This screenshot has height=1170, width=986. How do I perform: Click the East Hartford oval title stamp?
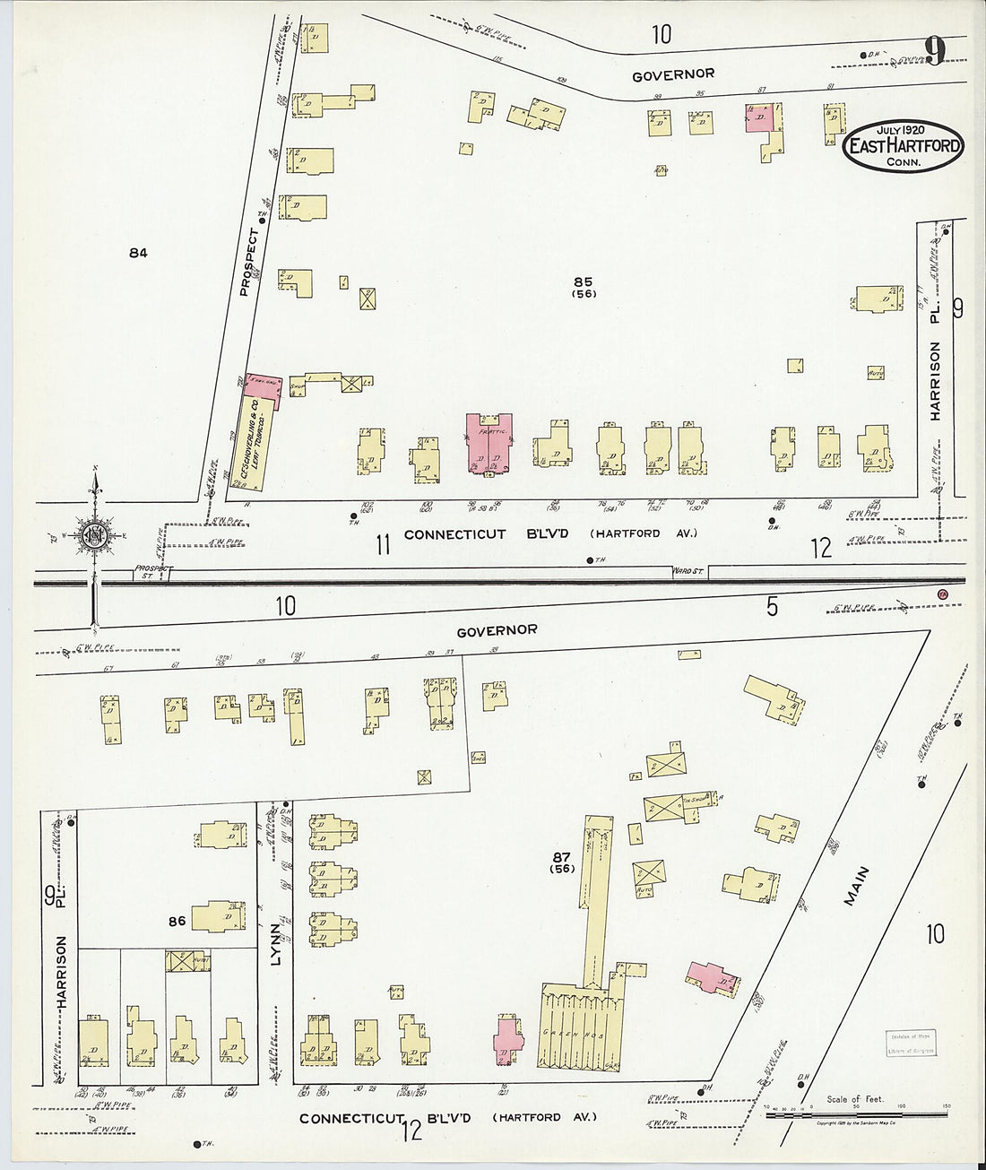click(903, 146)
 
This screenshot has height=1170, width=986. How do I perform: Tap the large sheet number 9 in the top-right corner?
click(934, 51)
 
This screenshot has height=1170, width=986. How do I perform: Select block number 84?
click(137, 253)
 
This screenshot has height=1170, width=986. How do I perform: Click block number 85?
click(584, 282)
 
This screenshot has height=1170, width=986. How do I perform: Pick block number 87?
click(562, 857)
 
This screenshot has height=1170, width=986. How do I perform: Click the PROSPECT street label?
click(250, 263)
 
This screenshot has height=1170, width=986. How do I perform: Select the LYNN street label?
click(276, 946)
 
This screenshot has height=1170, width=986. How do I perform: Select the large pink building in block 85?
click(489, 443)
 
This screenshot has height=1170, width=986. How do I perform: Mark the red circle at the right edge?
click(942, 594)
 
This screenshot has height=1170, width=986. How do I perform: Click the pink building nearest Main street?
click(713, 978)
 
